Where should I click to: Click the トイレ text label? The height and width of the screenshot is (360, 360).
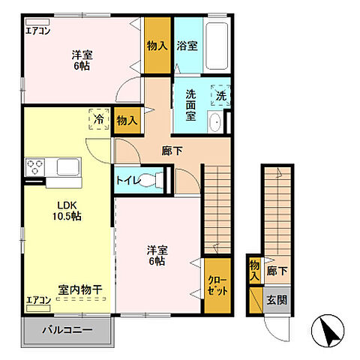(x=126, y=180)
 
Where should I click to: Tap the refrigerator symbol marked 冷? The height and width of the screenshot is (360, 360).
(x=98, y=118)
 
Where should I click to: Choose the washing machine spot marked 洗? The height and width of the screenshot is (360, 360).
(x=221, y=96)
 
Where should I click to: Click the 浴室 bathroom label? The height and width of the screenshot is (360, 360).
(x=187, y=46)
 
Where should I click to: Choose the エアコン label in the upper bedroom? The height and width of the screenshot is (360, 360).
(x=37, y=31)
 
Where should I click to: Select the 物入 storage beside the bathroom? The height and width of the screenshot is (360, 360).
(x=157, y=46)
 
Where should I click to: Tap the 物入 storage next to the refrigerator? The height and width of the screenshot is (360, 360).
(x=127, y=120)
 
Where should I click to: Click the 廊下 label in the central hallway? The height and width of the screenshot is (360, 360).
(x=172, y=151)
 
